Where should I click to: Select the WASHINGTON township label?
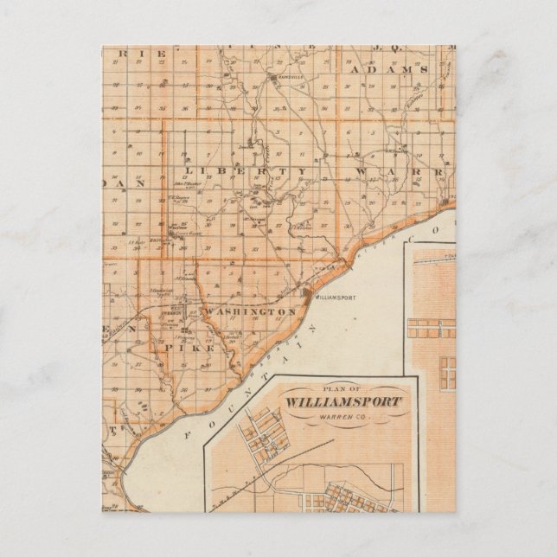252,311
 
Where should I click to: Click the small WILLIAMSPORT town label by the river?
334,296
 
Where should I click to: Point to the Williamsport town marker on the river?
310,293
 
